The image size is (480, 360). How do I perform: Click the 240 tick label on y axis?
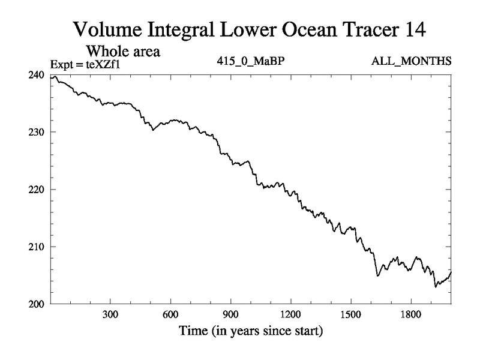(38, 75)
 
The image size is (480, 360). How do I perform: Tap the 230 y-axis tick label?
(38, 132)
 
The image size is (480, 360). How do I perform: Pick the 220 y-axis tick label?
(38, 190)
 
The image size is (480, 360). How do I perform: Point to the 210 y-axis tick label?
(38, 247)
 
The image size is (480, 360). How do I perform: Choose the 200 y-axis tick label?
(38, 304)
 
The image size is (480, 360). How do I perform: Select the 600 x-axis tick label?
(170, 314)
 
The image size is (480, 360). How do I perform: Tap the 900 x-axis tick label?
(230, 314)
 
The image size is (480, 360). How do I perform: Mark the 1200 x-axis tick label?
(290, 314)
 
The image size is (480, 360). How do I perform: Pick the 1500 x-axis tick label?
(350, 314)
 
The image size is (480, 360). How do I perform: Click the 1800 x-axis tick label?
(410, 314)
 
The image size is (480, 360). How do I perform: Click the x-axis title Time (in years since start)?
(250, 331)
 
